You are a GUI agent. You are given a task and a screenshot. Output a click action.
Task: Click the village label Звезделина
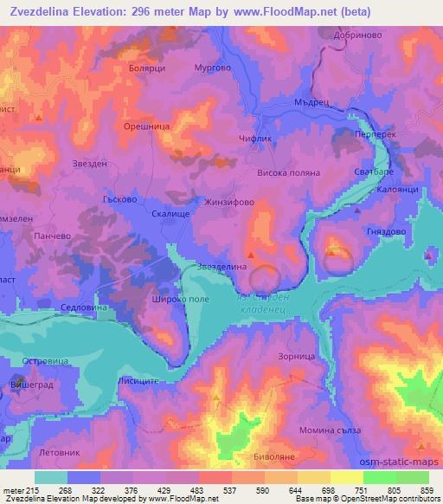223,267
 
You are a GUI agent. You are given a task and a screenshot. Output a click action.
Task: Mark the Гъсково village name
118,198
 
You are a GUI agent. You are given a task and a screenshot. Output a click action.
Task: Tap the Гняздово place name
387,233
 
